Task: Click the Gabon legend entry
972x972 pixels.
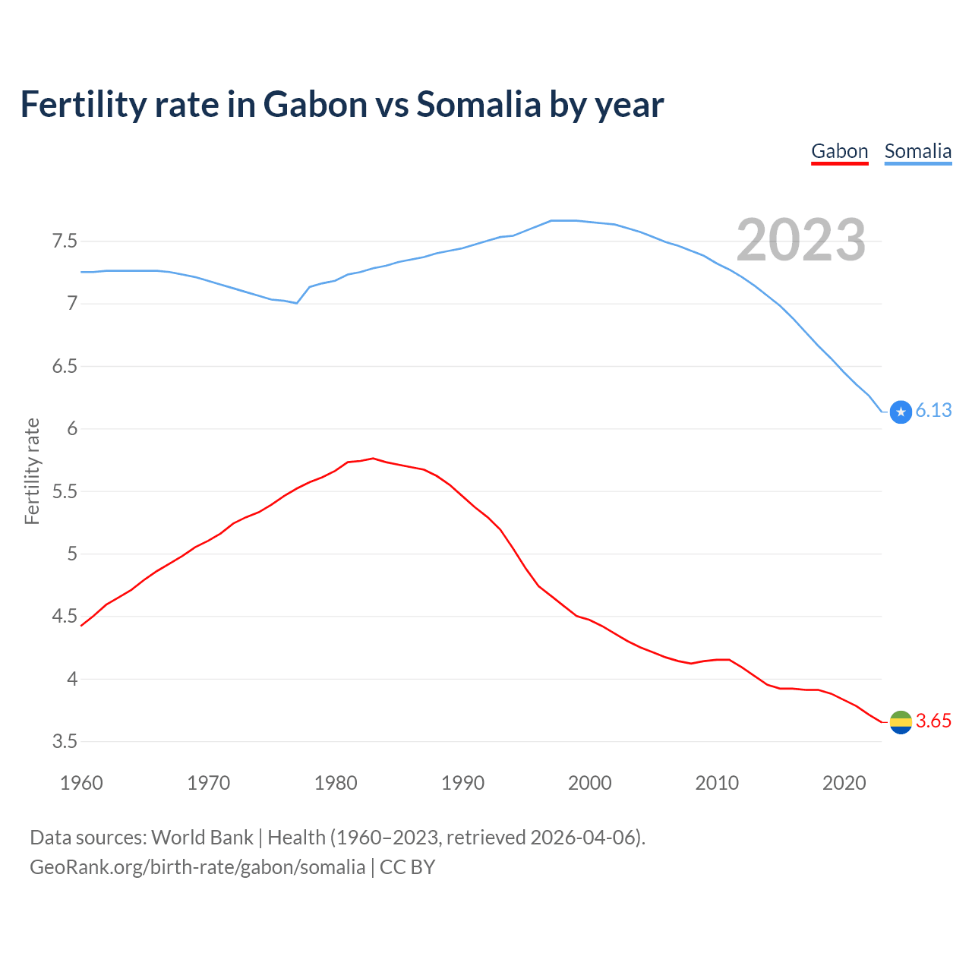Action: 839,151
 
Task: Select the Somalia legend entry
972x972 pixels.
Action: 917,151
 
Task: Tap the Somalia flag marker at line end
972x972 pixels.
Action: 901,412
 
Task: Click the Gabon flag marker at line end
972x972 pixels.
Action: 901,722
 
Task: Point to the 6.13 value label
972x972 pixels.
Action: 933,411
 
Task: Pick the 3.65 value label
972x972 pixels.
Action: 933,721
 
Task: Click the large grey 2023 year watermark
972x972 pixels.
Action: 801,241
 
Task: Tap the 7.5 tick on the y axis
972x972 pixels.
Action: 65,241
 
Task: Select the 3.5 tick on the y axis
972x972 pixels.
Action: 65,741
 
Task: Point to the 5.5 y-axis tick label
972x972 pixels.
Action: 65,491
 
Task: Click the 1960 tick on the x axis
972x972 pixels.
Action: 81,783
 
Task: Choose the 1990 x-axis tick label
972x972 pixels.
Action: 462,783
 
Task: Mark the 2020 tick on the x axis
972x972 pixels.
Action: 844,783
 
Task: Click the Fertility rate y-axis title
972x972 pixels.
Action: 32,471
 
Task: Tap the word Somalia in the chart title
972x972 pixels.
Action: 478,104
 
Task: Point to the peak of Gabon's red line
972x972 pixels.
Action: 373,459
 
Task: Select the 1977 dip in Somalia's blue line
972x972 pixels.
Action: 296,303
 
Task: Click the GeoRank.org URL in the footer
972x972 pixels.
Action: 197,867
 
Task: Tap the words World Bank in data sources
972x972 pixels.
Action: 202,838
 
